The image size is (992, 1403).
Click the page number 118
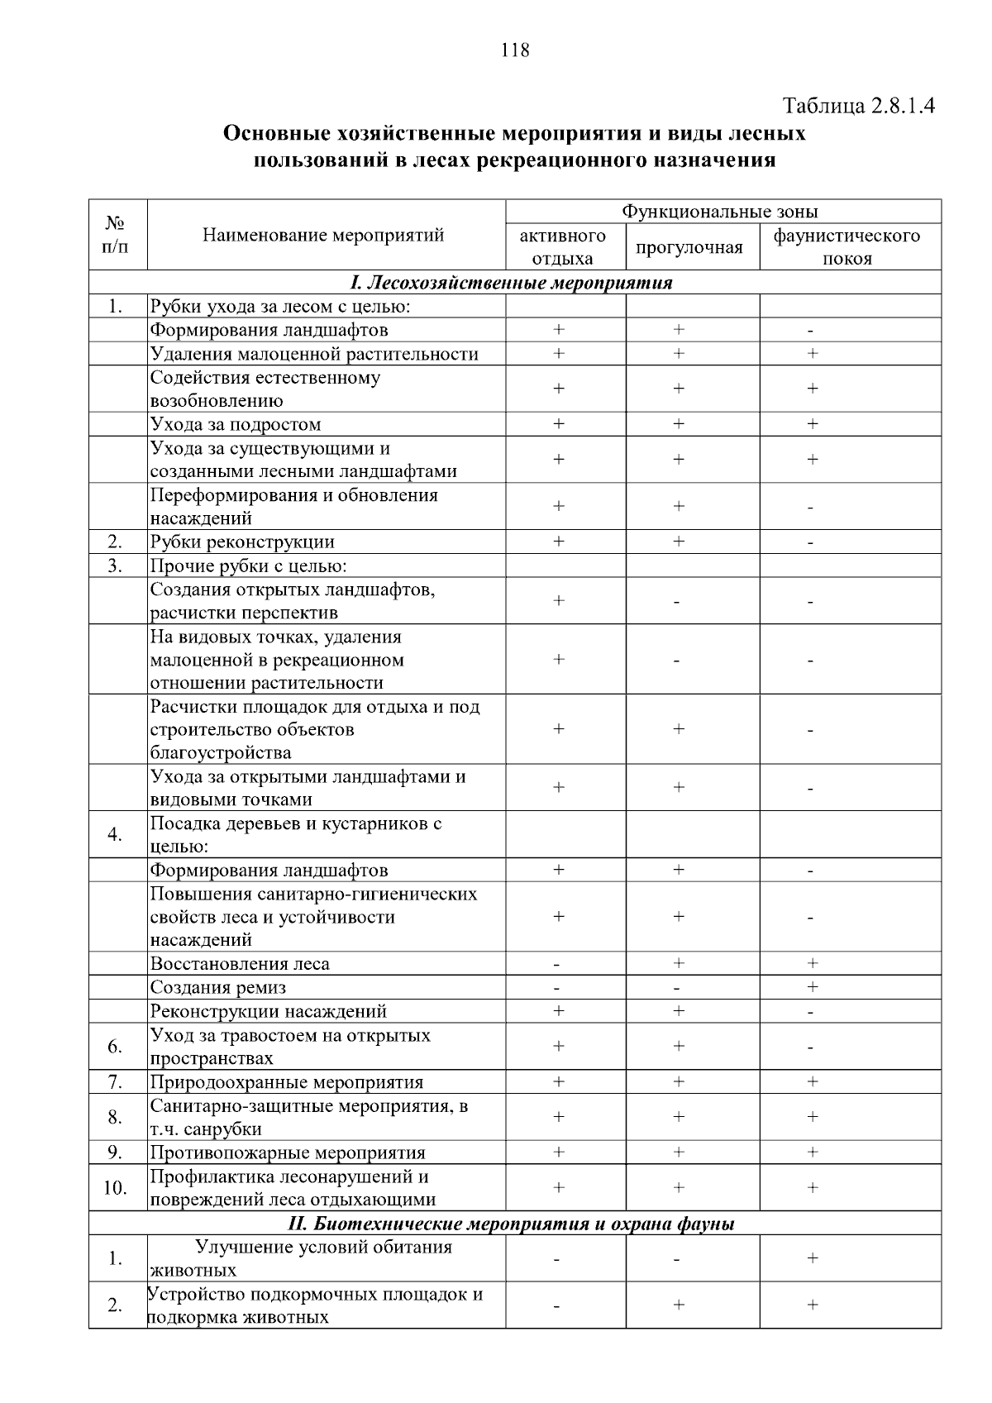click(x=514, y=50)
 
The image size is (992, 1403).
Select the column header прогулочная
click(x=689, y=247)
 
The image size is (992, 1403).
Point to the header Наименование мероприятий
click(x=323, y=236)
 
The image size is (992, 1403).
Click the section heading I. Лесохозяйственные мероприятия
click(x=512, y=283)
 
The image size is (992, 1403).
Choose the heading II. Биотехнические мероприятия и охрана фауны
click(x=512, y=1224)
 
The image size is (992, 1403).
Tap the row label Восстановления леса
click(x=240, y=964)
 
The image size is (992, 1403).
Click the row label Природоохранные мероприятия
click(x=286, y=1082)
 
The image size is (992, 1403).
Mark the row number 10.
click(x=115, y=1188)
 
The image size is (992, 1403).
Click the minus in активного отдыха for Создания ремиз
click(x=557, y=988)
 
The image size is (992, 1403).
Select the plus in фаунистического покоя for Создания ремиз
click(x=812, y=986)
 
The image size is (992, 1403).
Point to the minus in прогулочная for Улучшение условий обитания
click(x=677, y=1259)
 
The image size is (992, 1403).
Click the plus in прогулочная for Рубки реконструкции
click(x=678, y=542)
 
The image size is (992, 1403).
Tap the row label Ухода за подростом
click(x=236, y=425)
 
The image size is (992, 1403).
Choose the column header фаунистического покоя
click(x=847, y=247)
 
